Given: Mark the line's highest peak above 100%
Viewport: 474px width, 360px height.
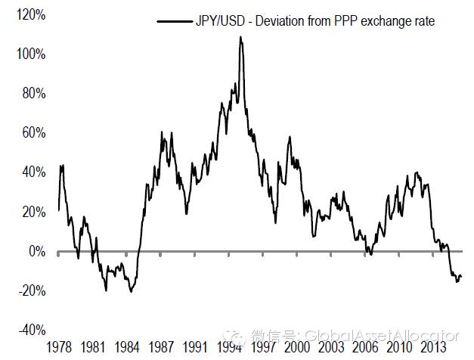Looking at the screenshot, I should (x=240, y=37).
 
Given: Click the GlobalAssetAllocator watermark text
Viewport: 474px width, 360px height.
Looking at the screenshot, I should (x=380, y=335).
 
